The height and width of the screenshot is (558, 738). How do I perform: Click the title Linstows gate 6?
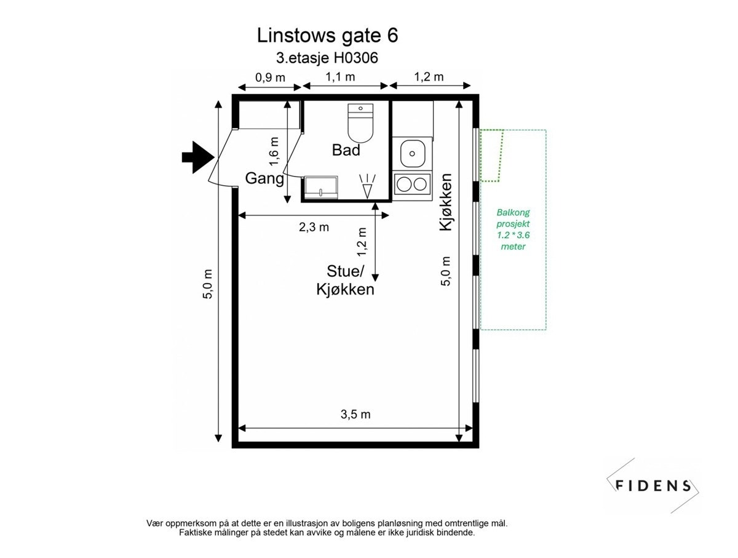pyautogui.click(x=327, y=36)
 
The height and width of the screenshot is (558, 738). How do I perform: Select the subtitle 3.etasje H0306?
pyautogui.click(x=327, y=59)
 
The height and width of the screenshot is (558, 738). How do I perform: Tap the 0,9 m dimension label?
pyautogui.click(x=271, y=78)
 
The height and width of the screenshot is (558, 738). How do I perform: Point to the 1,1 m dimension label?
pyautogui.click(x=340, y=78)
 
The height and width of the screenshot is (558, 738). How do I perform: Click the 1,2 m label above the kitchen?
pyautogui.click(x=429, y=78)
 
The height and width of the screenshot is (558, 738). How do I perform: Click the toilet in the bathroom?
pyautogui.click(x=360, y=122)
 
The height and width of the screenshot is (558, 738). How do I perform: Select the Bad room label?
pyautogui.click(x=346, y=149)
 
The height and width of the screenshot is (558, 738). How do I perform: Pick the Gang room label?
pyautogui.click(x=264, y=179)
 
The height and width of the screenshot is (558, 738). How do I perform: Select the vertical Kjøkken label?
pyautogui.click(x=446, y=202)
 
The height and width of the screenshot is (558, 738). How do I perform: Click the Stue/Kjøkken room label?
pyautogui.click(x=345, y=280)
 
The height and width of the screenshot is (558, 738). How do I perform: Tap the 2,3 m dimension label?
pyautogui.click(x=314, y=227)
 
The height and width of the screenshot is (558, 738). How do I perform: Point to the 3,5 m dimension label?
pyautogui.click(x=355, y=414)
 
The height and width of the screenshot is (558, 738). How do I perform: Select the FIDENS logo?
pyautogui.click(x=653, y=485)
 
